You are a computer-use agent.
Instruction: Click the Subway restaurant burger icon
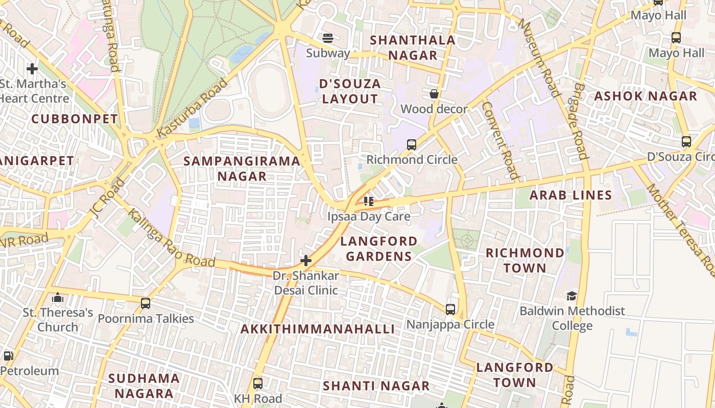coord(327,38)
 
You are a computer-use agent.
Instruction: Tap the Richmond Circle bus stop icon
coord(412,144)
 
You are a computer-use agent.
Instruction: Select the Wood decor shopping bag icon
coord(434,94)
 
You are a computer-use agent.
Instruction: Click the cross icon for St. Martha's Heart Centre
coord(32,68)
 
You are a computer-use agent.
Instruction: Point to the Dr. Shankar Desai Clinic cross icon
coord(306,261)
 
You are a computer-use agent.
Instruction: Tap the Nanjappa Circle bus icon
coord(450,309)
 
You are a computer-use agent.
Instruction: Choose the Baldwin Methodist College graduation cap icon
coord(571,296)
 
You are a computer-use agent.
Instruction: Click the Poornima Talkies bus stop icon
coord(146,303)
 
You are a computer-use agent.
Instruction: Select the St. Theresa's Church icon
coord(58,297)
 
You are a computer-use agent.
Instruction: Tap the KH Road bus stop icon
coord(258,383)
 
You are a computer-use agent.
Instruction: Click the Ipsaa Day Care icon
coord(368,201)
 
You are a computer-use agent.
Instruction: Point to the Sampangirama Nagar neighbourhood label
coord(242,169)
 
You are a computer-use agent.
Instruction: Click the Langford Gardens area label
coord(378,248)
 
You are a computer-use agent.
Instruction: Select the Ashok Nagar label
coord(646,96)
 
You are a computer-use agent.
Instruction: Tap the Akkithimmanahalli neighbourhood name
coord(318,329)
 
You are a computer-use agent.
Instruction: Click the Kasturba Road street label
coord(192,109)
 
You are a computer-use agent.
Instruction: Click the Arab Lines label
coord(570,195)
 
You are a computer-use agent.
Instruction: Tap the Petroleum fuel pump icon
coord(8,355)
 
